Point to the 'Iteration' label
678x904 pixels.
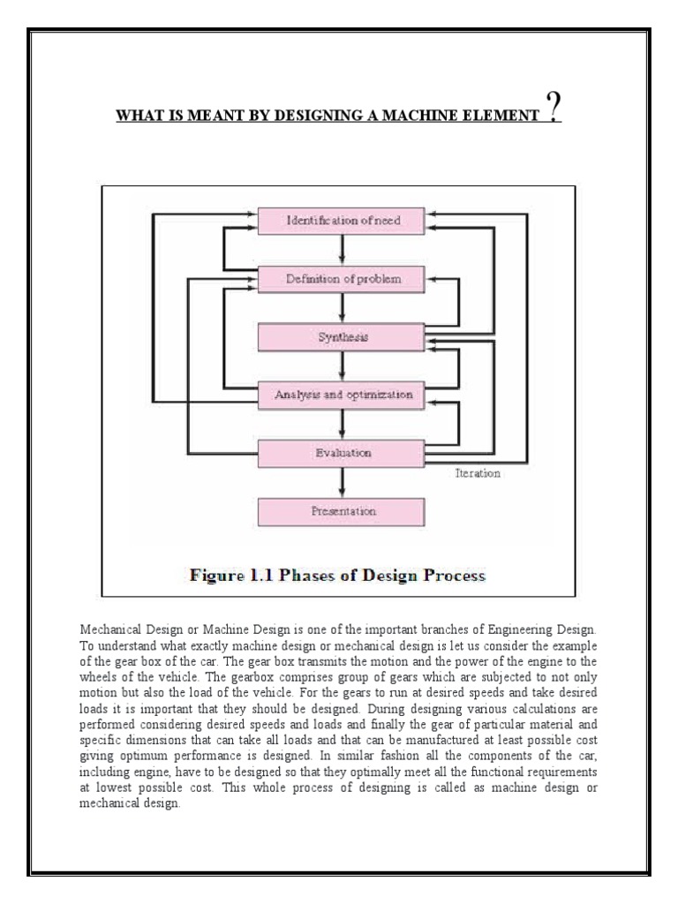click(x=476, y=473)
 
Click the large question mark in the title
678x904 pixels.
click(x=553, y=110)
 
